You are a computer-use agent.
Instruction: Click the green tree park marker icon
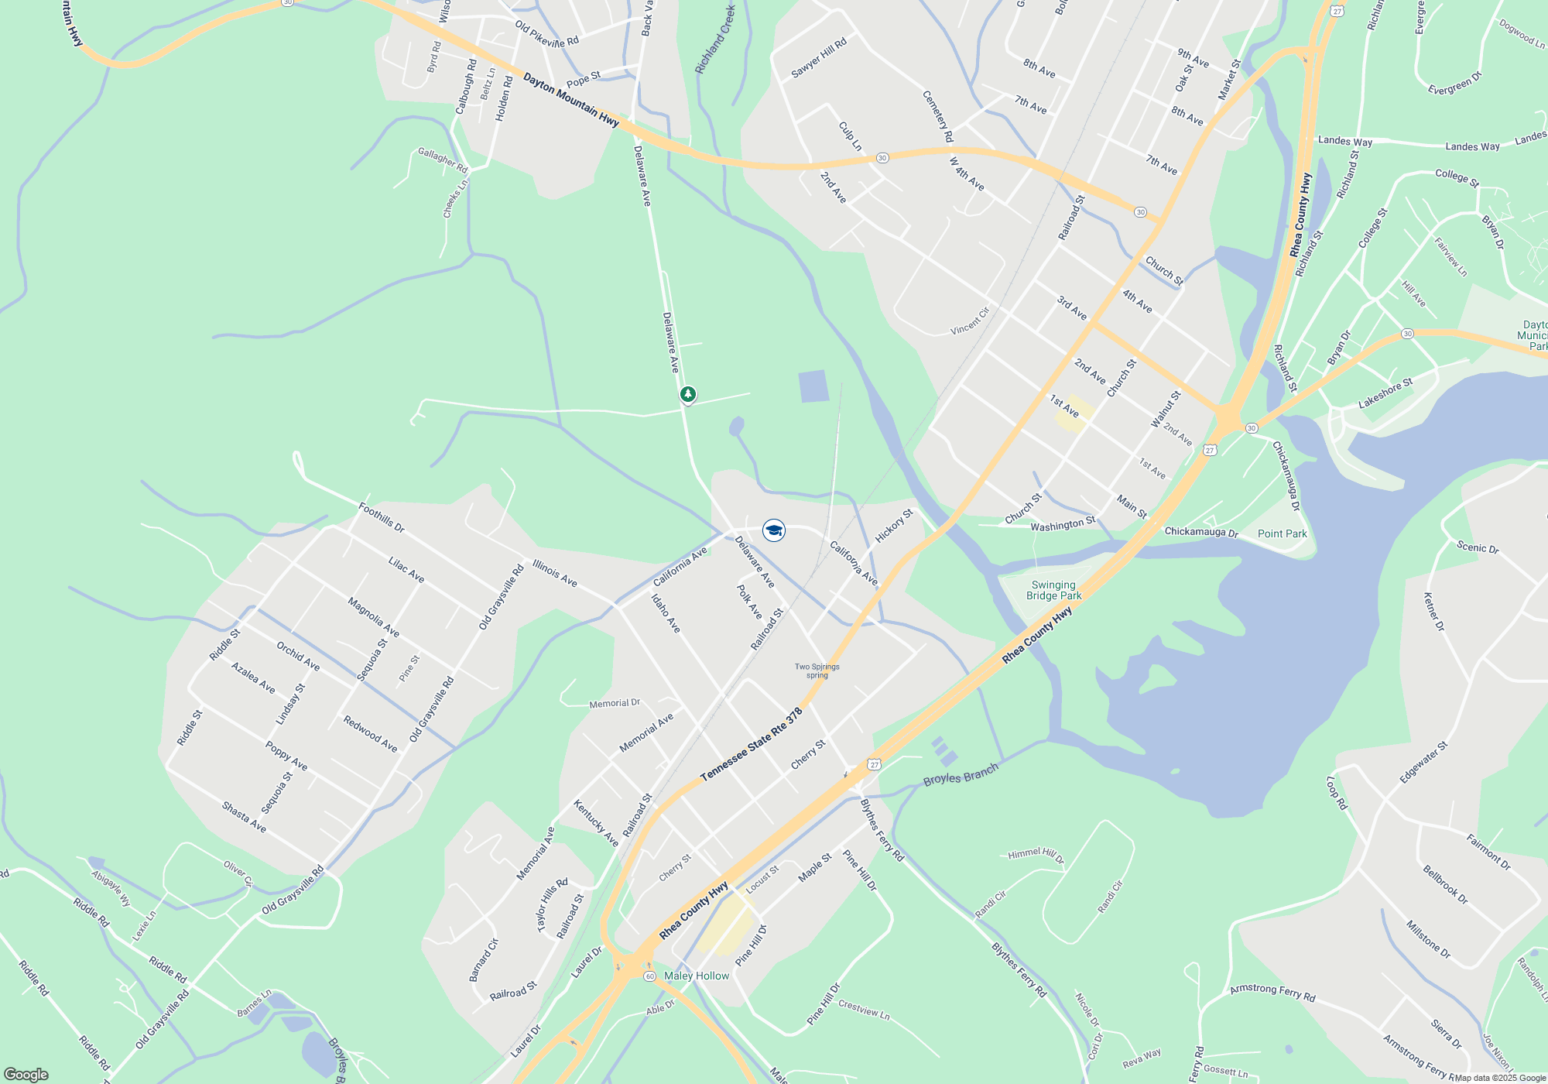click(687, 394)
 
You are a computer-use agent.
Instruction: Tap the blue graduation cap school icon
click(774, 530)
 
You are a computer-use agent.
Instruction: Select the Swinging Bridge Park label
click(1053, 590)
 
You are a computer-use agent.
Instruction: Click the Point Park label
click(1282, 533)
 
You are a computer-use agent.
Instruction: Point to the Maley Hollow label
click(697, 976)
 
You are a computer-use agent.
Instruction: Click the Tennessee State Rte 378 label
click(751, 744)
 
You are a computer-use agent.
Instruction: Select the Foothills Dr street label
click(382, 517)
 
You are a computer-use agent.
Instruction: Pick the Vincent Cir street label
click(970, 321)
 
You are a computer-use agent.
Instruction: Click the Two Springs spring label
click(817, 671)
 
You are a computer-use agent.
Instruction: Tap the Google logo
click(26, 1075)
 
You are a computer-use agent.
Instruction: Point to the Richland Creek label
click(714, 39)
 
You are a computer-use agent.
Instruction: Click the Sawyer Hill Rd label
click(819, 58)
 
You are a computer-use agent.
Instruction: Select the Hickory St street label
click(894, 525)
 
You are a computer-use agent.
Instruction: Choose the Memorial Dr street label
click(615, 703)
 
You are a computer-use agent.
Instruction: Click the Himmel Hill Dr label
click(1036, 855)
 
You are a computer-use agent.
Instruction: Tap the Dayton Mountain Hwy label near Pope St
click(571, 100)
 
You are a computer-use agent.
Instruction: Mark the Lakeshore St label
click(1385, 393)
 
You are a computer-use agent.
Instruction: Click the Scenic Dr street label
click(1478, 547)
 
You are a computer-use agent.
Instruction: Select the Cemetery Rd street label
click(937, 116)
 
